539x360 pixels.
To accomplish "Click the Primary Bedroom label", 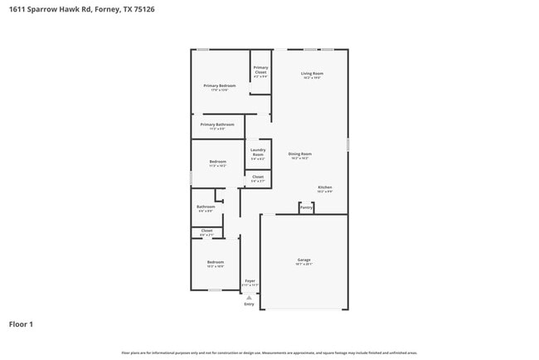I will [x=220, y=85].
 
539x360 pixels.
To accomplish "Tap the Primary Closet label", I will [x=260, y=70].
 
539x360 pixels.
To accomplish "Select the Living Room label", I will [x=312, y=74].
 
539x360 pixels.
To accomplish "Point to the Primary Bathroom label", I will [x=217, y=124].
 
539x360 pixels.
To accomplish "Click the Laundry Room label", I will [x=258, y=152].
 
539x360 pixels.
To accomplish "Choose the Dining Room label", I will [x=300, y=153].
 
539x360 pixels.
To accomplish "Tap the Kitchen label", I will [x=325, y=187].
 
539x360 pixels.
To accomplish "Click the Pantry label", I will [x=306, y=207].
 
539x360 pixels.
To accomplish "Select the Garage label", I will [x=304, y=260].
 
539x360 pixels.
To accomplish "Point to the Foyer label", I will [x=250, y=281].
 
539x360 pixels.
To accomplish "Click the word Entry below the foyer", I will [x=249, y=304].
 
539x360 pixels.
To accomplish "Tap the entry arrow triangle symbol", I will [x=249, y=296].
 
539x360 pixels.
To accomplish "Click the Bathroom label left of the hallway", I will [x=206, y=207].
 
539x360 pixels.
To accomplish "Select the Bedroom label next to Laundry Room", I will [x=217, y=161].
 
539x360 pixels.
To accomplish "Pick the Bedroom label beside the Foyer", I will [x=215, y=262].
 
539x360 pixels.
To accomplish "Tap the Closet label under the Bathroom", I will [x=206, y=231].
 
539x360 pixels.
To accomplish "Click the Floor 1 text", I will [x=22, y=324].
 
